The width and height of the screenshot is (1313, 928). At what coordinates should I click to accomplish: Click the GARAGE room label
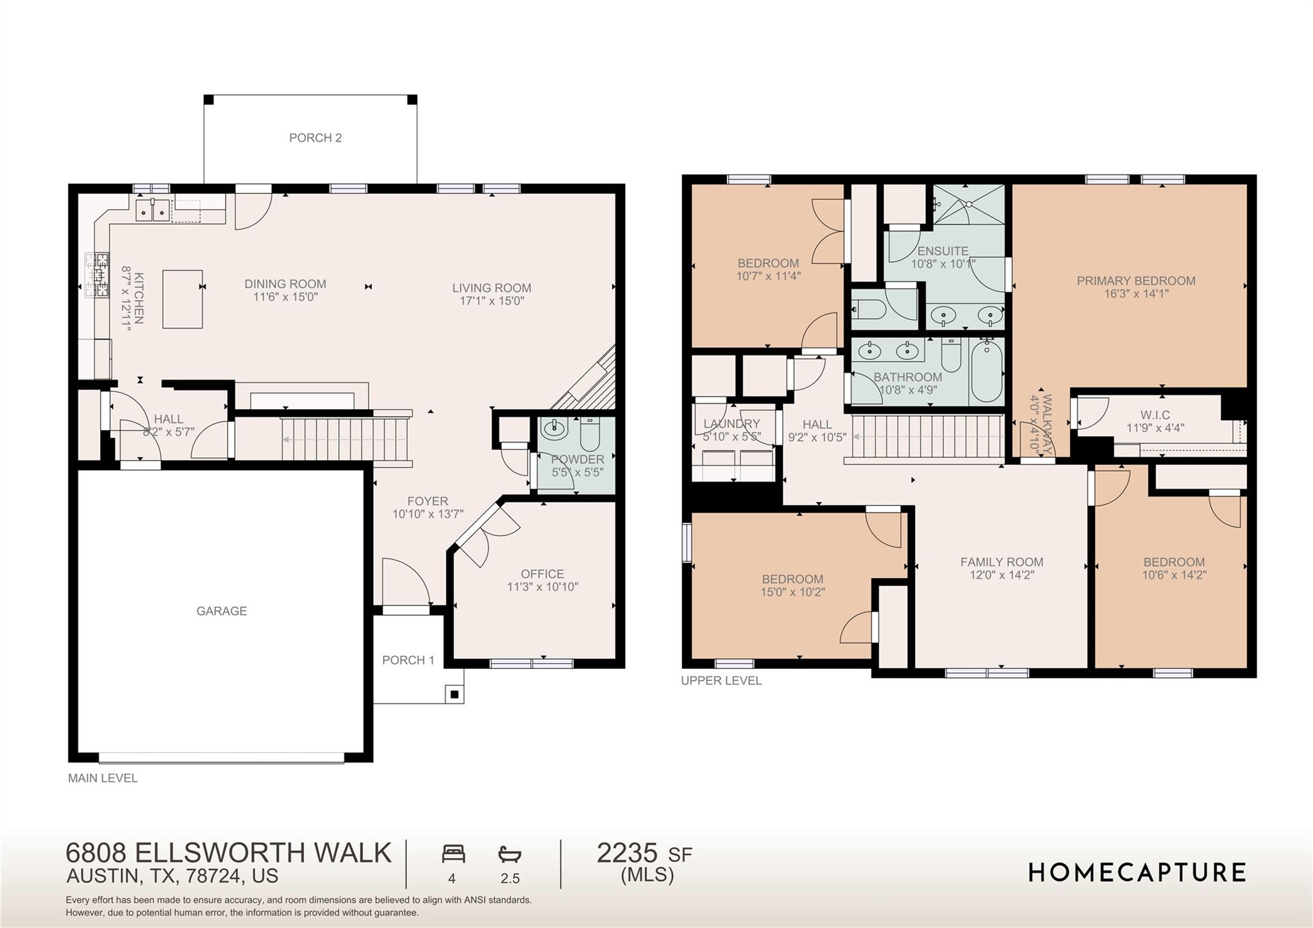(221, 611)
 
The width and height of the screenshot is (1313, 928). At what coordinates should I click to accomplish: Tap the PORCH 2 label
(315, 138)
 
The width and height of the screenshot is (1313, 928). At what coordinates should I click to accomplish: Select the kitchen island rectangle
(183, 299)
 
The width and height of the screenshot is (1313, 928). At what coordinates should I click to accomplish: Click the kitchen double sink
(153, 210)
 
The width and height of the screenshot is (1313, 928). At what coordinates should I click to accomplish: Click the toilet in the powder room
(590, 435)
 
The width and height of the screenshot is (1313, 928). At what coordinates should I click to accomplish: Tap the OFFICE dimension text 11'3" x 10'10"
(542, 587)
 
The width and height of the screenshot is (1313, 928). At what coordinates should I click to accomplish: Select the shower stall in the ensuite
(969, 204)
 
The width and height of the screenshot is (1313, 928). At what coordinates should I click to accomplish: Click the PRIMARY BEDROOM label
(1135, 281)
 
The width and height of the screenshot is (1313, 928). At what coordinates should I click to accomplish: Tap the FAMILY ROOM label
(1001, 562)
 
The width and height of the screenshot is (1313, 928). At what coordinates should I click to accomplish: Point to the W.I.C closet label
(1155, 415)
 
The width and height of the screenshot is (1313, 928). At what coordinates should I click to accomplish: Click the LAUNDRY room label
(732, 424)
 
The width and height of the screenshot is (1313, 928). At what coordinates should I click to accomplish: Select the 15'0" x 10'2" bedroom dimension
(792, 592)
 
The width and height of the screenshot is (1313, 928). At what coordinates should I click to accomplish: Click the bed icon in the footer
(453, 854)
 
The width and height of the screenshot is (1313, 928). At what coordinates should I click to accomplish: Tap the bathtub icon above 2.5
(510, 854)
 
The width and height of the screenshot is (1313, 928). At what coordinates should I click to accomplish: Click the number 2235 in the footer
(627, 854)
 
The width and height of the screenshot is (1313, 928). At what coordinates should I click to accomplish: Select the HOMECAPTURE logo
(1137, 873)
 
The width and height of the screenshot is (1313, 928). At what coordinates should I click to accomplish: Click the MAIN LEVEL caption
(103, 779)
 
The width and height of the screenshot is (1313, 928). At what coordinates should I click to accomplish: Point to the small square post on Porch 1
(455, 694)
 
